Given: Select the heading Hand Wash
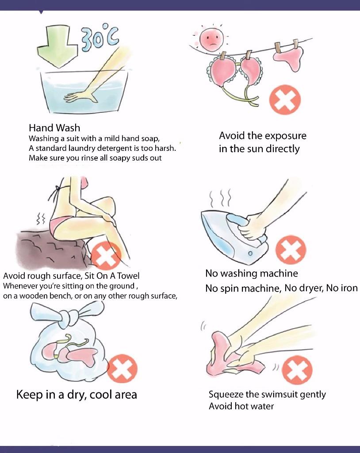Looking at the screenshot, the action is pyautogui.click(x=54, y=128).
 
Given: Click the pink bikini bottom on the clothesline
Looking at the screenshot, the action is pyautogui.click(x=291, y=58).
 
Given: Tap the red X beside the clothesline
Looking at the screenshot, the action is pyautogui.click(x=285, y=100).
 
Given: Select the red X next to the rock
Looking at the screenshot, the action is pyautogui.click(x=106, y=256).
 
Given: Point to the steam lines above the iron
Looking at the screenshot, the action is pyautogui.click(x=220, y=198).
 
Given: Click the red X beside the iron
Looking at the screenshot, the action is pyautogui.click(x=291, y=250).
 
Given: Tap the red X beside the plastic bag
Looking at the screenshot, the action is pyautogui.click(x=122, y=369).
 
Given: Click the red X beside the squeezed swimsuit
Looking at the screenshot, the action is pyautogui.click(x=297, y=370).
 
